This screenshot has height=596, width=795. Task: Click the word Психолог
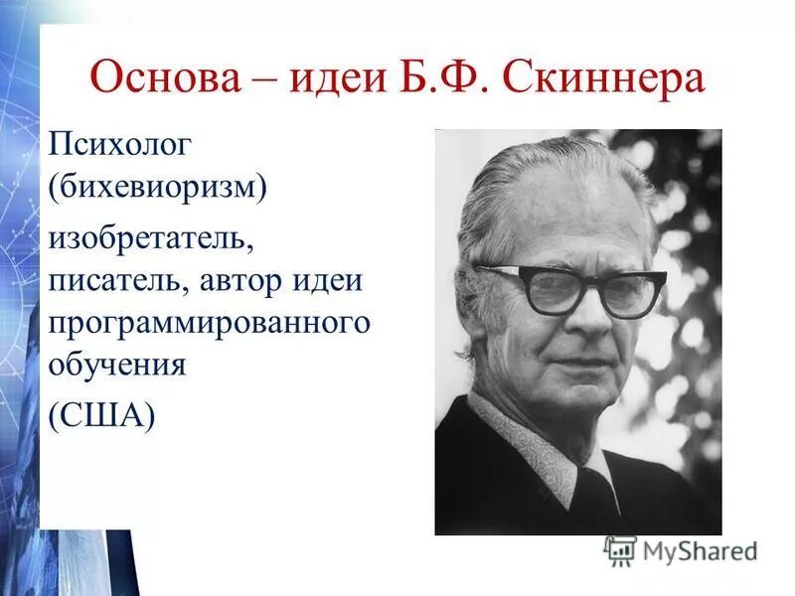pos(118,148)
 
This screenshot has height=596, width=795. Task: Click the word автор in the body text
pos(244,282)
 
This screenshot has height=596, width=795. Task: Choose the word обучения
pos(118,365)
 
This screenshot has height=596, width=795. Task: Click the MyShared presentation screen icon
pos(620,550)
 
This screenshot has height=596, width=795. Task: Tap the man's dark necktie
pos(597,497)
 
